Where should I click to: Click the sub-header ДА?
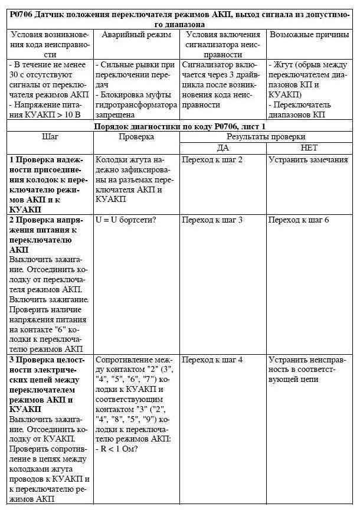(x=222, y=148)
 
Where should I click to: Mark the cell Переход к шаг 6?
(x=299, y=220)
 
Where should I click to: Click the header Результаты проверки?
(x=266, y=137)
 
